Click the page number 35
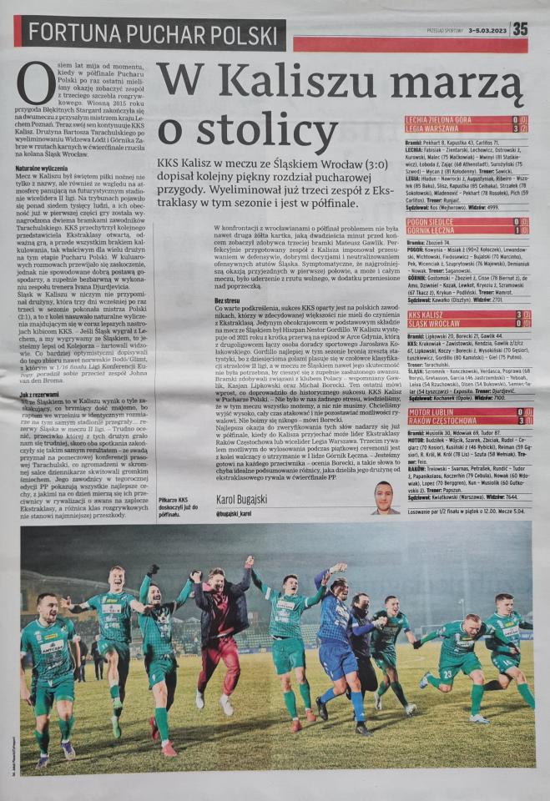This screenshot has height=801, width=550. [520, 28]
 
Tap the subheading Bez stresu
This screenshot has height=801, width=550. [227, 299]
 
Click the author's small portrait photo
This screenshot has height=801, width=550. [386, 496]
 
